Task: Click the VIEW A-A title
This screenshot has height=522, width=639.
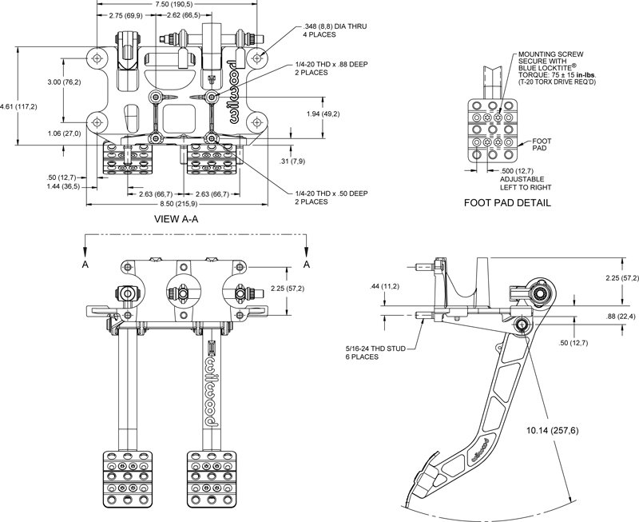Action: coord(176,219)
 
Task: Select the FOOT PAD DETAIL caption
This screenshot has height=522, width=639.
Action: coord(507,203)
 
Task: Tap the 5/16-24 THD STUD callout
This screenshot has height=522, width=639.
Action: coord(375,353)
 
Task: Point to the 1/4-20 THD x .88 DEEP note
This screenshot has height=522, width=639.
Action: coord(331,69)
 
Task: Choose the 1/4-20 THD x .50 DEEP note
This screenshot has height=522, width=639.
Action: coord(331,197)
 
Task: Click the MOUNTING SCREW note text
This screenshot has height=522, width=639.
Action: coord(558,68)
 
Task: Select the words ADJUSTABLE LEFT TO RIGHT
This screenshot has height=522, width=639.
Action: coord(526,184)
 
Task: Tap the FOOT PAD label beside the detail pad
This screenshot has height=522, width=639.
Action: coord(542,145)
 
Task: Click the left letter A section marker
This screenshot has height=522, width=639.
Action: coord(85,265)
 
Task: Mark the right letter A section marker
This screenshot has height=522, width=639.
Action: coord(307,265)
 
